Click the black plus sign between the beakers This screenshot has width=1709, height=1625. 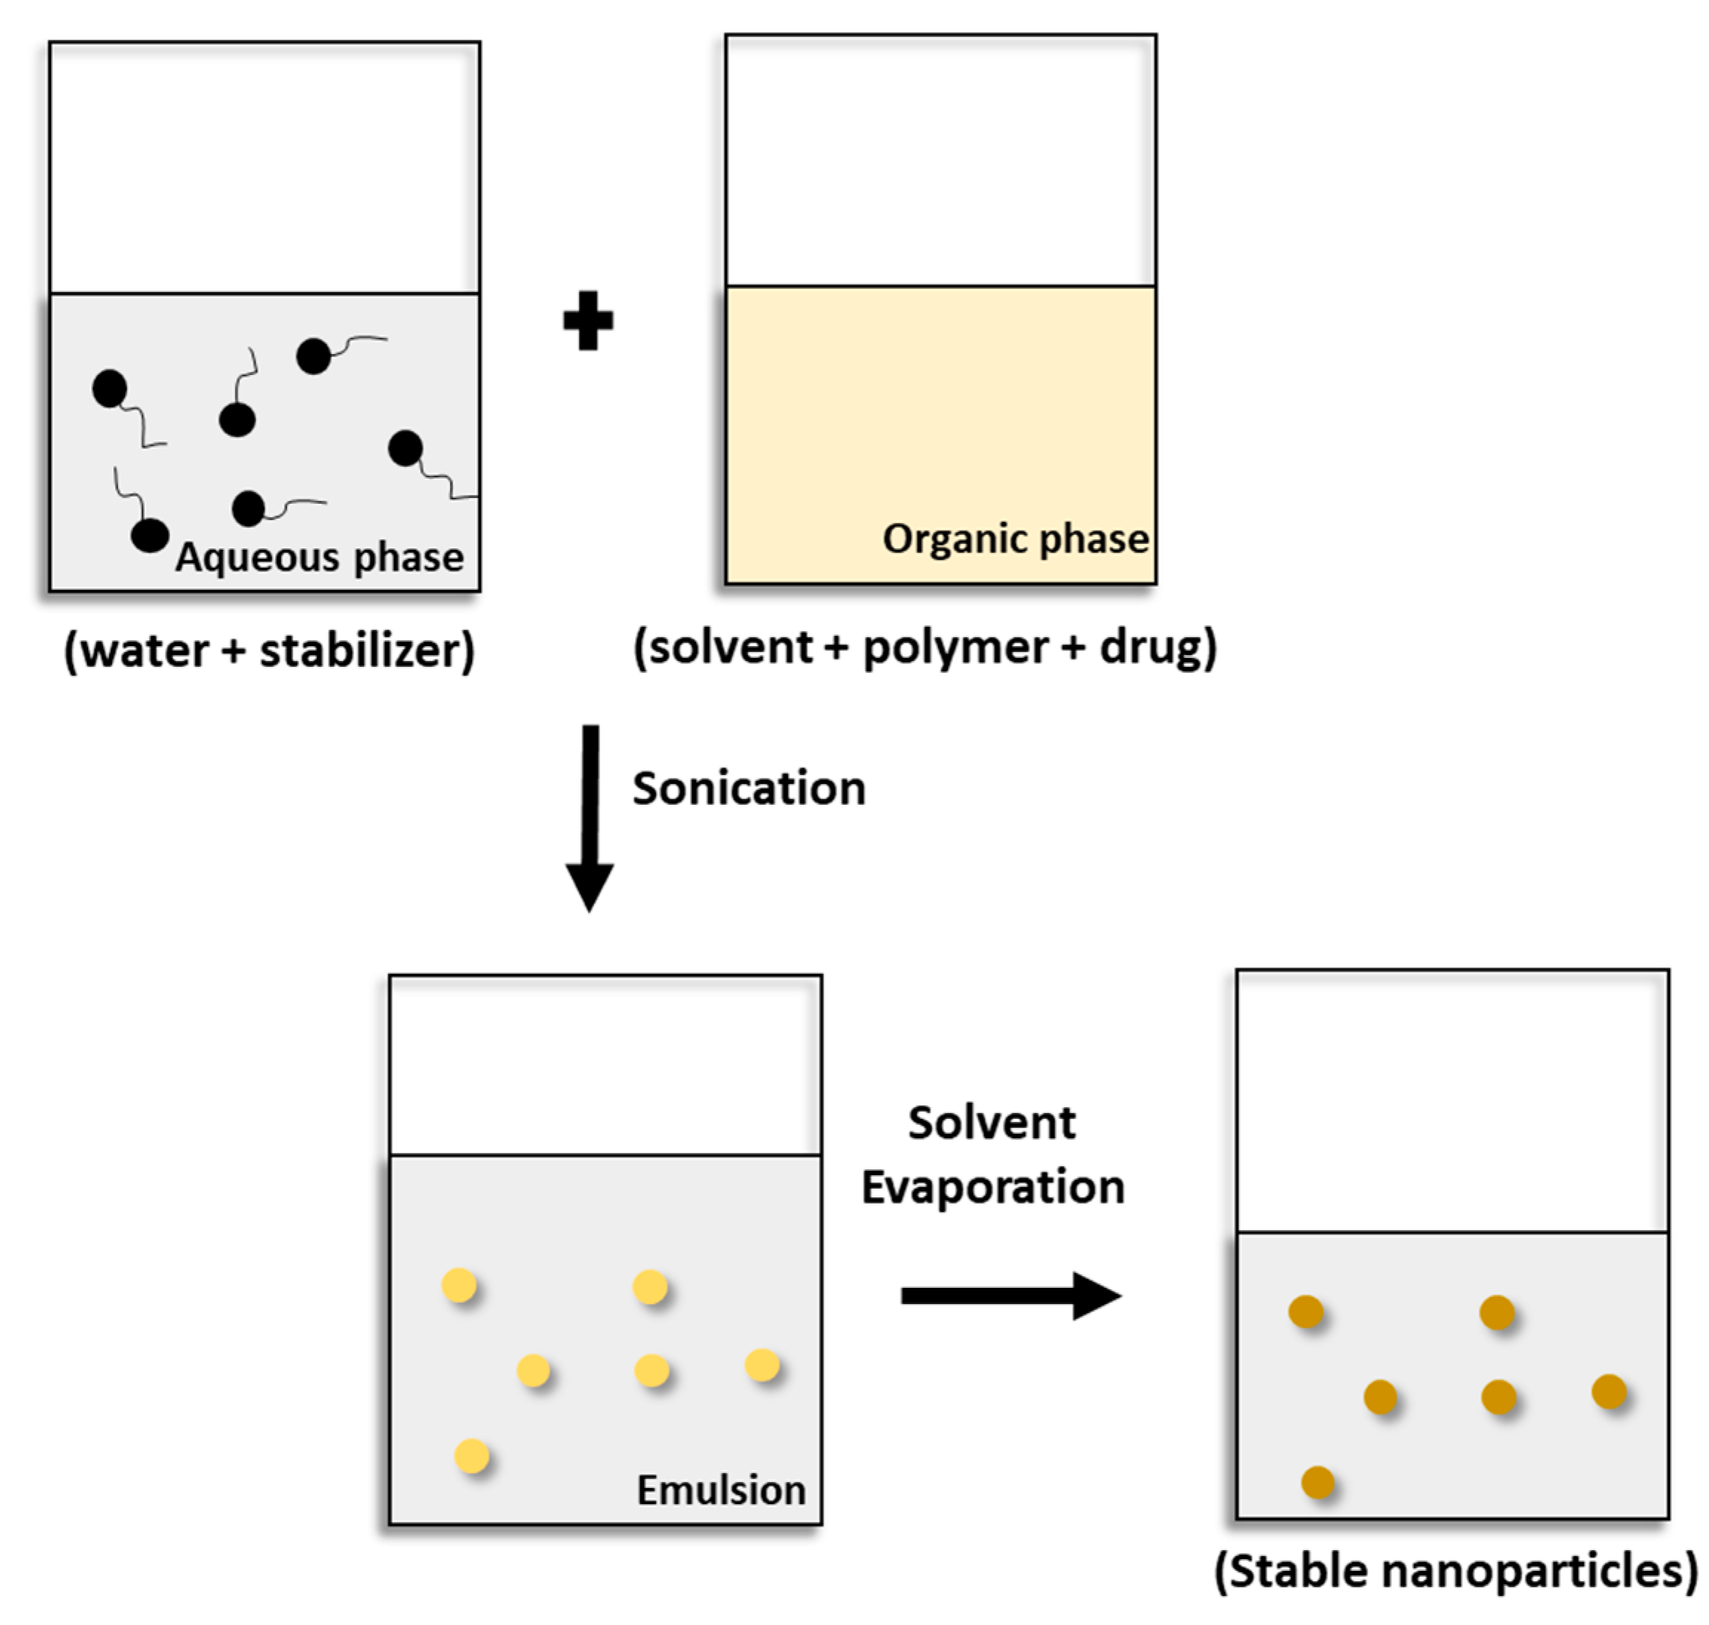[x=588, y=322]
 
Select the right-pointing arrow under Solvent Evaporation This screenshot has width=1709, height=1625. [x=1010, y=1296]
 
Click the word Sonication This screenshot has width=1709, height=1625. [x=749, y=788]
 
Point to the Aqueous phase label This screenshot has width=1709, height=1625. [x=319, y=557]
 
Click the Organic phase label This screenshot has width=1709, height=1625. [x=1015, y=539]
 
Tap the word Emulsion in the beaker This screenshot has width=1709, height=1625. [x=720, y=1490]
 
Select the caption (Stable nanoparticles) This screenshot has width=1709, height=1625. [x=1456, y=1569]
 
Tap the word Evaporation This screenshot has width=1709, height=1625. [x=992, y=1186]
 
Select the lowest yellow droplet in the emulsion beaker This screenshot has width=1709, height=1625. [x=472, y=1456]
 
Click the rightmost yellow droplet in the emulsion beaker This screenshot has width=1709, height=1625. [x=763, y=1365]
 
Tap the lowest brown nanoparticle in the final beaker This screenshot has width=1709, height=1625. [x=1318, y=1482]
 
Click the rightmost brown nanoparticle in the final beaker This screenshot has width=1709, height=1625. [x=1610, y=1392]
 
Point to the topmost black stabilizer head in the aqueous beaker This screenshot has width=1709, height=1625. [x=313, y=356]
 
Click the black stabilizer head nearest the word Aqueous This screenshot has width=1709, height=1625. [x=150, y=535]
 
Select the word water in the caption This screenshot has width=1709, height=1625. [x=145, y=650]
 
